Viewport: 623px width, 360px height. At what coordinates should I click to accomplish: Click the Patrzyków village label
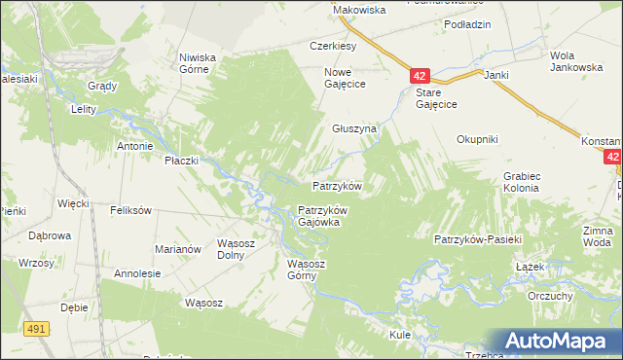(337, 186)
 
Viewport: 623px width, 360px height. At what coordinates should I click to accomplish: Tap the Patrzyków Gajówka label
(322, 216)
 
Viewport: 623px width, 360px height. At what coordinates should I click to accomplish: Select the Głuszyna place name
(353, 128)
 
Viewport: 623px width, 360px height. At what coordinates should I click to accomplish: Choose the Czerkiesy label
(334, 46)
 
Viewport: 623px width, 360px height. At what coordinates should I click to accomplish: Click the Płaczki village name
(181, 160)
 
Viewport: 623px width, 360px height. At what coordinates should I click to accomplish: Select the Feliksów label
(130, 210)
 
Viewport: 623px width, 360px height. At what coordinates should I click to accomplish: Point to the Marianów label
(177, 249)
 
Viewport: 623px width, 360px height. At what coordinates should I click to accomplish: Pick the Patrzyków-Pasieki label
(479, 239)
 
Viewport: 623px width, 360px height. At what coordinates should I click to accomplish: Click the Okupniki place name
(477, 139)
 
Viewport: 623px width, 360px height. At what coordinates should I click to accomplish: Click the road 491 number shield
(37, 330)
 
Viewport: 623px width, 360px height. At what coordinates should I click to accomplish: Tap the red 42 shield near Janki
(419, 76)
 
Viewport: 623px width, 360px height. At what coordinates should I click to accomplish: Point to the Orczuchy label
(549, 296)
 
